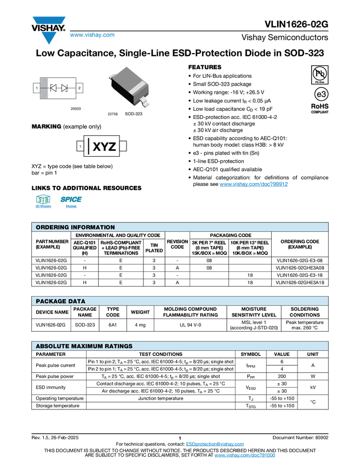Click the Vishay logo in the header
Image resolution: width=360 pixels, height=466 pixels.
tap(49, 30)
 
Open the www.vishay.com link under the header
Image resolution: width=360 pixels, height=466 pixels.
tap(92, 35)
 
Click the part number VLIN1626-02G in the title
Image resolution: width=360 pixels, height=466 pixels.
tap(296, 24)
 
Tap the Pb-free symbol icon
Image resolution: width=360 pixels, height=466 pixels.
tap(320, 75)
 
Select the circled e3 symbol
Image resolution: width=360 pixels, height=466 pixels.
tap(321, 94)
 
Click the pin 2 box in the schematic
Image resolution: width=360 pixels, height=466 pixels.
tap(79, 88)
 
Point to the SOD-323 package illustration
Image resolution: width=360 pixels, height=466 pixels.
tap(129, 87)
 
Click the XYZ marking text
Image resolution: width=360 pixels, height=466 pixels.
tap(104, 146)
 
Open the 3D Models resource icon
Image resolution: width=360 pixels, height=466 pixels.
tap(43, 201)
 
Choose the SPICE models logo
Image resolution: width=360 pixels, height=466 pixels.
tap(71, 201)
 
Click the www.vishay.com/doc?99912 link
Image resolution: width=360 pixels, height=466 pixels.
tap(254, 184)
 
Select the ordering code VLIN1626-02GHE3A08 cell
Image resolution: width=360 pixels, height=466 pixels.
tap(300, 268)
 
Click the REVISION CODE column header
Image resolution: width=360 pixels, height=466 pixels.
tap(178, 244)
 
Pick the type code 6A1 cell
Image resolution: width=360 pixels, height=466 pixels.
tap(112, 325)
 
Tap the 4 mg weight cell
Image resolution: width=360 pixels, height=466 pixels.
tap(140, 325)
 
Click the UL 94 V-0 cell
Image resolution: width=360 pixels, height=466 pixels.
tap(190, 325)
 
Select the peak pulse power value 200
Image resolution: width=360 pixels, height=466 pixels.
tap(282, 376)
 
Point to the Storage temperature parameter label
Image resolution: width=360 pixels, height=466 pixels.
tap(58, 406)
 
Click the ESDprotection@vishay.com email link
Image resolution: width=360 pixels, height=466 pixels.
tap(215, 444)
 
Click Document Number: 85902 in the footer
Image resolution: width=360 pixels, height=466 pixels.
tap(301, 437)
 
